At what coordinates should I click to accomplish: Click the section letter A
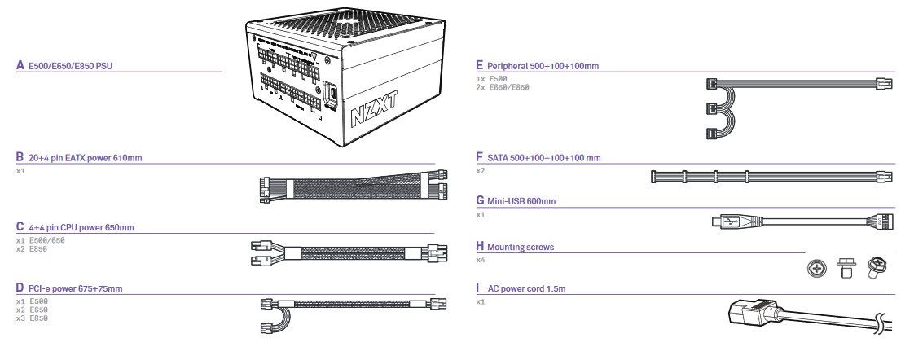[20, 65]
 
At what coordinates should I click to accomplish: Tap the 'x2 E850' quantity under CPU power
[32, 248]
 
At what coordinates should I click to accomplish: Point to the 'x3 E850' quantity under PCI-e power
[32, 318]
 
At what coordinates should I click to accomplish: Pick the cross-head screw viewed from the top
[818, 268]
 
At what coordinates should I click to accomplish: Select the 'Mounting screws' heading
[521, 247]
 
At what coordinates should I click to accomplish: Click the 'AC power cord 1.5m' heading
[526, 288]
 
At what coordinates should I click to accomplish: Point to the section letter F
[480, 157]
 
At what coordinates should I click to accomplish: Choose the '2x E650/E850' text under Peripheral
[503, 87]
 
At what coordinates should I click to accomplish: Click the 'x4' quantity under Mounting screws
[481, 260]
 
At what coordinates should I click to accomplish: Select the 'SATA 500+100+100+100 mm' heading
[544, 158]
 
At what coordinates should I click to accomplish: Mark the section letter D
[20, 288]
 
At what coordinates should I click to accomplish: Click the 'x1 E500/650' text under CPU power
[40, 240]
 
